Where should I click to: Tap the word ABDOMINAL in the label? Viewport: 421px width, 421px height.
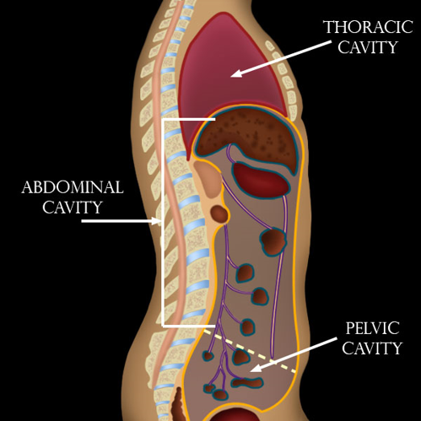point(73,186)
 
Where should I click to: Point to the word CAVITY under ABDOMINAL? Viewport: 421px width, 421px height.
point(73,207)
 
